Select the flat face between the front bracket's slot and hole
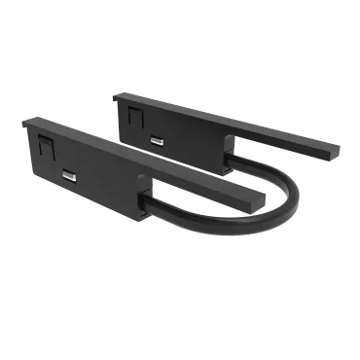(x=107, y=187)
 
